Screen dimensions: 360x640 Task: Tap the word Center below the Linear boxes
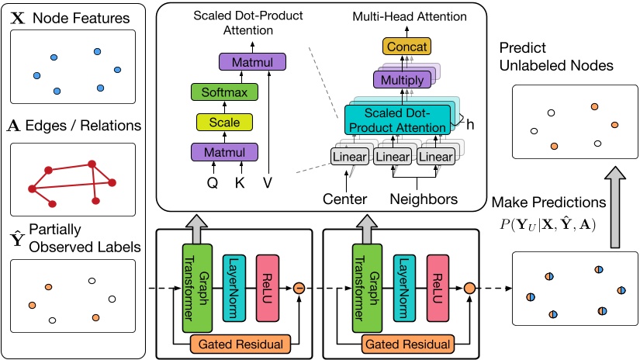pyautogui.click(x=345, y=199)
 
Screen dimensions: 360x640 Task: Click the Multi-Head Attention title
pyautogui.click(x=404, y=15)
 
